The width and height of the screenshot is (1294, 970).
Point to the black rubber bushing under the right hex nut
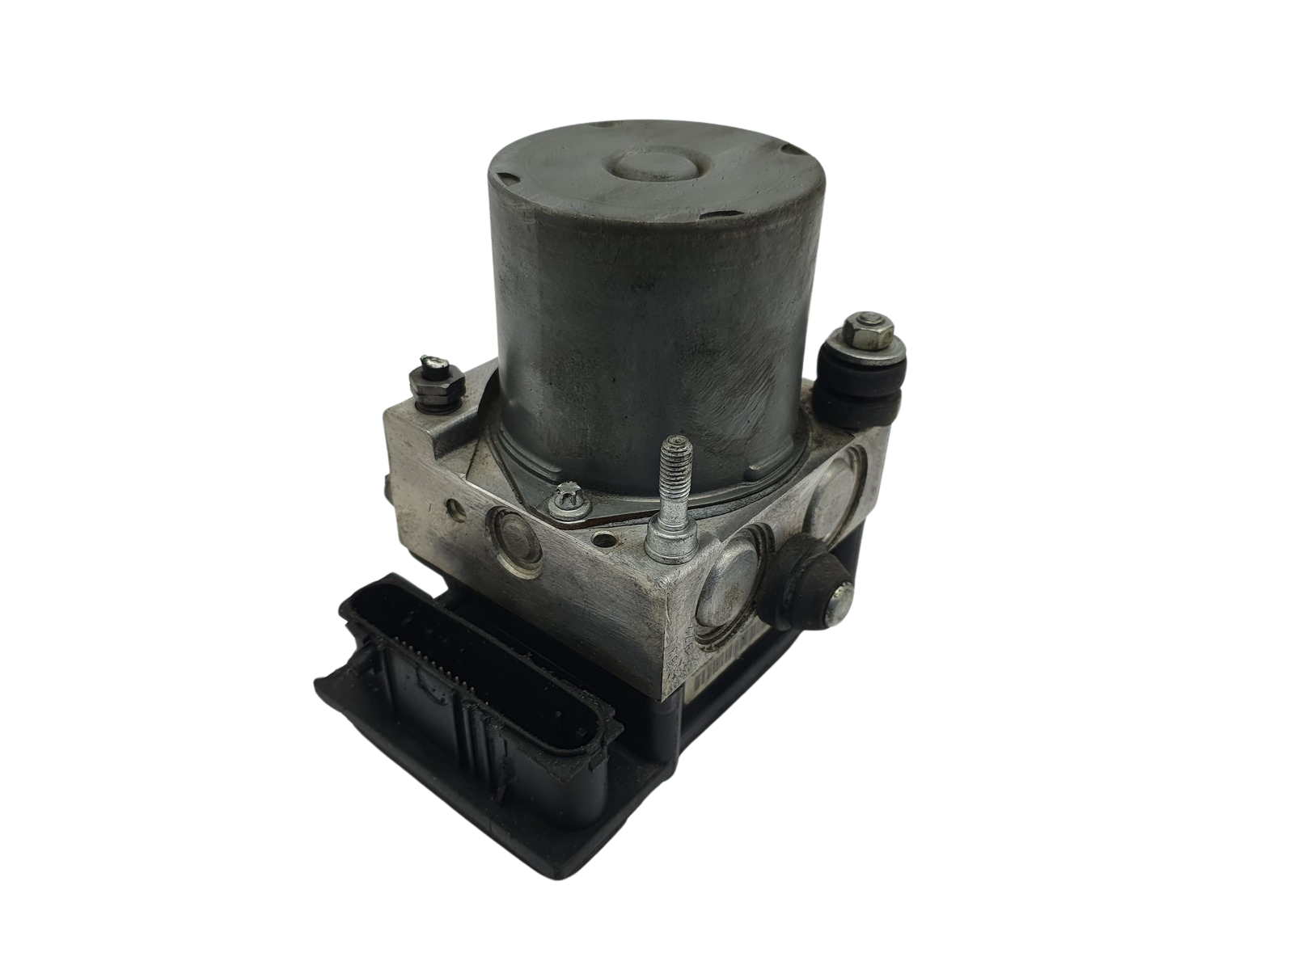857,380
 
